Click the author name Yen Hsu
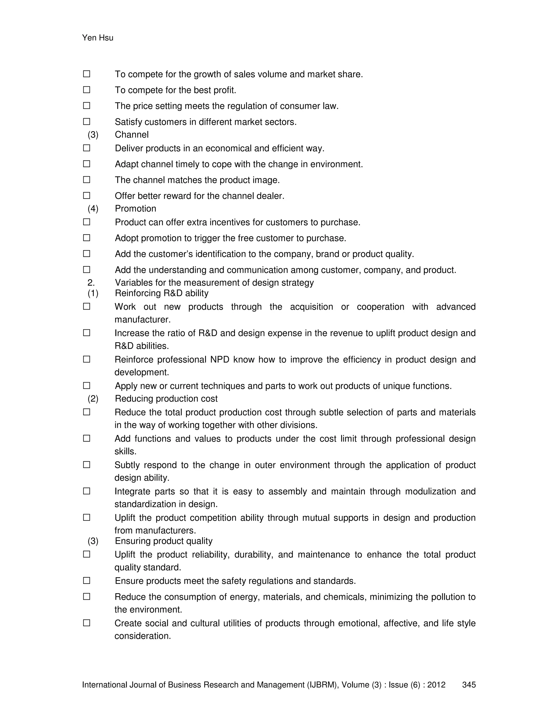(x=98, y=38)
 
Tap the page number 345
(x=469, y=685)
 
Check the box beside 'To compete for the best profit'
(x=87, y=90)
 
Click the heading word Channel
(x=132, y=135)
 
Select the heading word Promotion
(x=135, y=209)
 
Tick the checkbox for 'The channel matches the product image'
(x=87, y=180)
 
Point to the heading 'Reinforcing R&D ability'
(x=161, y=293)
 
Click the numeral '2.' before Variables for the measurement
(x=91, y=283)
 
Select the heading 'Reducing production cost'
(x=166, y=399)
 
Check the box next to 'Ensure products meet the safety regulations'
(x=87, y=581)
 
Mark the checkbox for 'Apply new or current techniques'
(x=87, y=386)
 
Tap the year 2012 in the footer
(x=436, y=685)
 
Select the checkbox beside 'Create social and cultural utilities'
(x=87, y=623)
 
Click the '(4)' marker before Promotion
(x=93, y=209)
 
